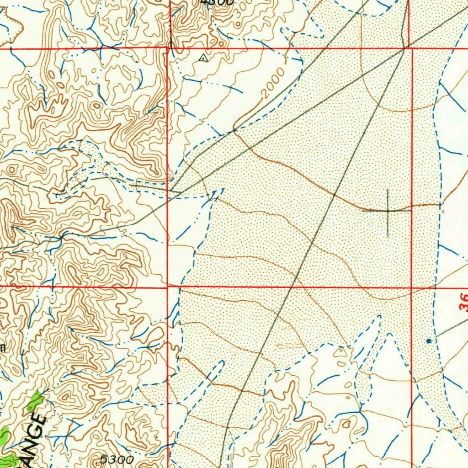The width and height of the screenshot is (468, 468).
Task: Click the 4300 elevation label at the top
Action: pos(218,2)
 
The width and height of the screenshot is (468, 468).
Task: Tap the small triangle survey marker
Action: pos(203,58)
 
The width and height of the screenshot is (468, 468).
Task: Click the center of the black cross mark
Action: pos(388,211)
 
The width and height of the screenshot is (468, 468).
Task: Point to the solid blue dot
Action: pos(428,341)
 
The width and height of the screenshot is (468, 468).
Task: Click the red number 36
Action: pos(463,302)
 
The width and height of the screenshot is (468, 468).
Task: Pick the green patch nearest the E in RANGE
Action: pos(35,401)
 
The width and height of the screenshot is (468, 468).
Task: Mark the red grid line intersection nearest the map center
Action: pos(168,287)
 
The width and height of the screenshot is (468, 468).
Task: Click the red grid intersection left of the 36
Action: pos(412,288)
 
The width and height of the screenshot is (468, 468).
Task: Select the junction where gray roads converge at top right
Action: pos(405,48)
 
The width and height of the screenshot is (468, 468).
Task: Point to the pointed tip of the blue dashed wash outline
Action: pos(223,189)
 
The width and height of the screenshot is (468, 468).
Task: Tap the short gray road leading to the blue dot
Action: pos(450,329)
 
